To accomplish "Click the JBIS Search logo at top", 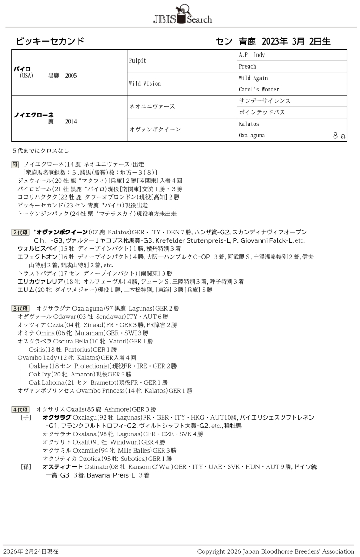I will tap(182, 15).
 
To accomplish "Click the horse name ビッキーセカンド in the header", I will tap(50, 41).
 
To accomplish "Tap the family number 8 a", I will tap(339, 136).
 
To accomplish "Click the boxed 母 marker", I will tap(15, 164).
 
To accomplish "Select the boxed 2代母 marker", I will tap(20, 232).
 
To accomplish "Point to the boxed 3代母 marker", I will tap(20, 308).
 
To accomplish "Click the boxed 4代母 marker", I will tap(20, 409).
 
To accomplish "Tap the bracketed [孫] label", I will tap(26, 466).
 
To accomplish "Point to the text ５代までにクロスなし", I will tap(41, 151).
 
